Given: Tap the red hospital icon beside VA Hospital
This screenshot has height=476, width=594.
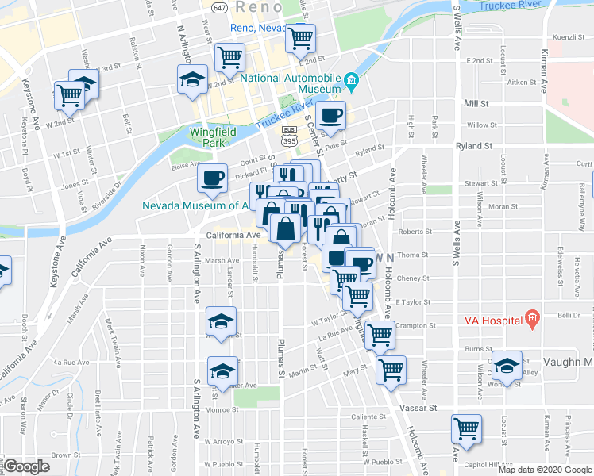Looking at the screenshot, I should click(x=531, y=321).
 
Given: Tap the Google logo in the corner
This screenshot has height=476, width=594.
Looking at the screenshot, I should click(x=26, y=466).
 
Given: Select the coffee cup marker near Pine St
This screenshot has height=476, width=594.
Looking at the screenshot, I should click(x=330, y=116).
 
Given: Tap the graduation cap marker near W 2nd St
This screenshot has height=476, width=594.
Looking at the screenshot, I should click(x=191, y=79).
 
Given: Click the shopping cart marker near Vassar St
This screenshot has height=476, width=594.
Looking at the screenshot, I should click(x=467, y=428).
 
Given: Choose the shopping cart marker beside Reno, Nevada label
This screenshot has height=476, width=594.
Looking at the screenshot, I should click(x=301, y=37).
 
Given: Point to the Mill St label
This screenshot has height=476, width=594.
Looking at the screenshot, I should click(x=476, y=103).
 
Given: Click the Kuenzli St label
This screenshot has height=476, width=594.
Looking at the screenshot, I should click(x=568, y=37).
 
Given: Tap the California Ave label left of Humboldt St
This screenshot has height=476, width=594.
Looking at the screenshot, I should click(x=233, y=236).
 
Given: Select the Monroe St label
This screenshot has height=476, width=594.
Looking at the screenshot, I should click(x=223, y=410).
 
